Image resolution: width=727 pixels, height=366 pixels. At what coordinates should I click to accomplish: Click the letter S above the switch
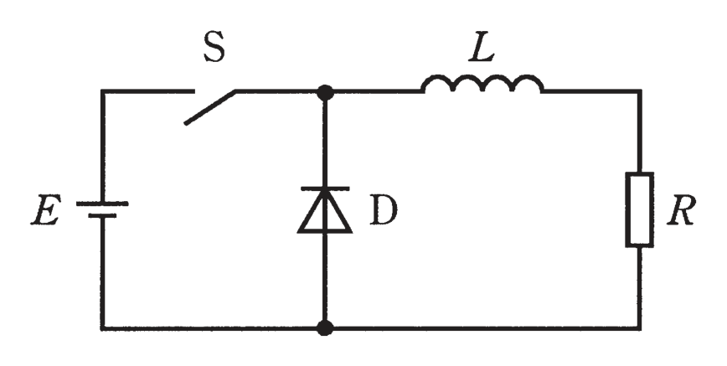[x=214, y=49]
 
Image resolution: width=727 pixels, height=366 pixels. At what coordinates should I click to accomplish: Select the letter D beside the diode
[x=384, y=210]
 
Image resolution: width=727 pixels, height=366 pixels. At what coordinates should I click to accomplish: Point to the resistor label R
[x=681, y=211]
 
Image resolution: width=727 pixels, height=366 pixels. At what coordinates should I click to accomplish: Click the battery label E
[x=46, y=212]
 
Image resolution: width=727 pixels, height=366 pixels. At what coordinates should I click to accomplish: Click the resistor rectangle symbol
[x=640, y=209]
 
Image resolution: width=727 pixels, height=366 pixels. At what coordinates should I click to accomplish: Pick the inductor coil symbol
[x=482, y=84]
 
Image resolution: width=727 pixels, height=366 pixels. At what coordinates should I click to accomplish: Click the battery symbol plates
[x=102, y=209]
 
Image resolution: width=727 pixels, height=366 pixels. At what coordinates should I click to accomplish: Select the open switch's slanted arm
[x=210, y=107]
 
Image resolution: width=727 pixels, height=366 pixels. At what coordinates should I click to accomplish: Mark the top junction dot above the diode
[x=325, y=92]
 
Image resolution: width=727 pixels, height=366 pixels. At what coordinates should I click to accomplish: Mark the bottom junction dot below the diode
[x=325, y=327]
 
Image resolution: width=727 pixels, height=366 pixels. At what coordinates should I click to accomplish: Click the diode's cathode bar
[x=325, y=188]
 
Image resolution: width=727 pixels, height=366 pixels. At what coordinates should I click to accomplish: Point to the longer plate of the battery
[x=102, y=204]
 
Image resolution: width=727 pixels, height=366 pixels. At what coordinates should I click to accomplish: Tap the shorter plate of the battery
[x=102, y=216]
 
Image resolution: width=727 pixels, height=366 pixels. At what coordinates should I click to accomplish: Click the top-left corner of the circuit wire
[x=102, y=91]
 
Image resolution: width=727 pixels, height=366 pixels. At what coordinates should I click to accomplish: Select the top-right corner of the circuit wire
[x=640, y=91]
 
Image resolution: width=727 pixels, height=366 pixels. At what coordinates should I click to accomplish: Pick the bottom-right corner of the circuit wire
[x=640, y=328]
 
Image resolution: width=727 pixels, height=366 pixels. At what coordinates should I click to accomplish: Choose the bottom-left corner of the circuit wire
[x=102, y=328]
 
